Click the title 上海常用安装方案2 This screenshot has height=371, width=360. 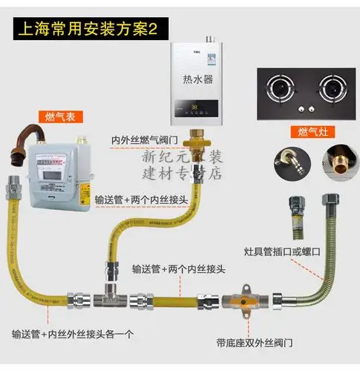click(83, 33)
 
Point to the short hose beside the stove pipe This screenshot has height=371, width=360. click(288, 215)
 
